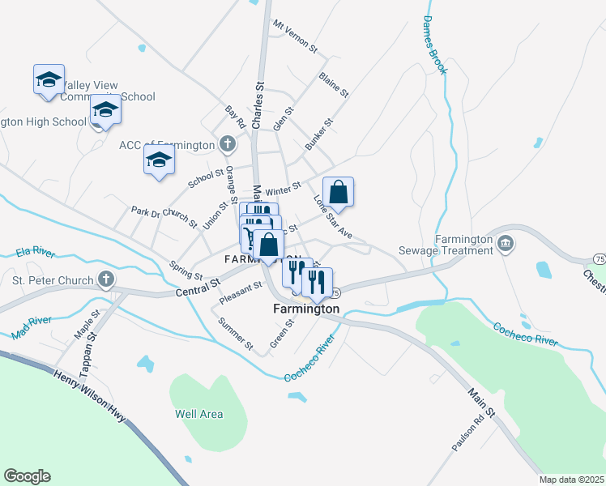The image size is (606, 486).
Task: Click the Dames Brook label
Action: click(434, 45)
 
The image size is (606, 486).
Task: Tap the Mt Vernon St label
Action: click(295, 36)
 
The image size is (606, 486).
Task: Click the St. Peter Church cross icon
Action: click(105, 280)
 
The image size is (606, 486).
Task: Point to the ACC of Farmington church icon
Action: click(228, 145)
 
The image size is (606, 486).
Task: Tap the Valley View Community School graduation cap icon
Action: click(49, 79)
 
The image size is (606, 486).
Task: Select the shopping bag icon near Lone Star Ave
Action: click(339, 193)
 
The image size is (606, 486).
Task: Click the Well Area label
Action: click(199, 414)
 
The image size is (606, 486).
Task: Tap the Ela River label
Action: click(34, 254)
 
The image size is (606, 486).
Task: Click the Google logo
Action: click(27, 476)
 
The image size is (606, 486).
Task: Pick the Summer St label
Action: click(236, 333)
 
